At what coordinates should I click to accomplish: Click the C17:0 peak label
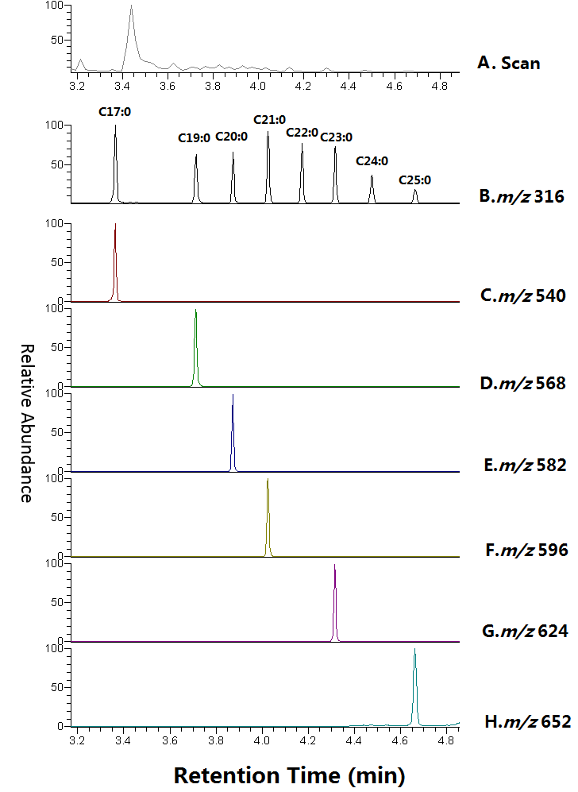(114, 112)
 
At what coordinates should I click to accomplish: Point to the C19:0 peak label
(194, 137)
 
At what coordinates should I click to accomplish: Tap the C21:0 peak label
(269, 119)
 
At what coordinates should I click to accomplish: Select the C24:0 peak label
(372, 161)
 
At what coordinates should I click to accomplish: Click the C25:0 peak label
(414, 180)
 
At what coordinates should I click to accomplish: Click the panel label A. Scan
(509, 62)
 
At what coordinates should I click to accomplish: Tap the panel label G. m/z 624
(525, 632)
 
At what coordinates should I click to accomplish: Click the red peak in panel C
(115, 262)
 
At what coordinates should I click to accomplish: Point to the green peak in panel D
(195, 350)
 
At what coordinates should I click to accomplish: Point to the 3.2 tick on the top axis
(78, 83)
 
